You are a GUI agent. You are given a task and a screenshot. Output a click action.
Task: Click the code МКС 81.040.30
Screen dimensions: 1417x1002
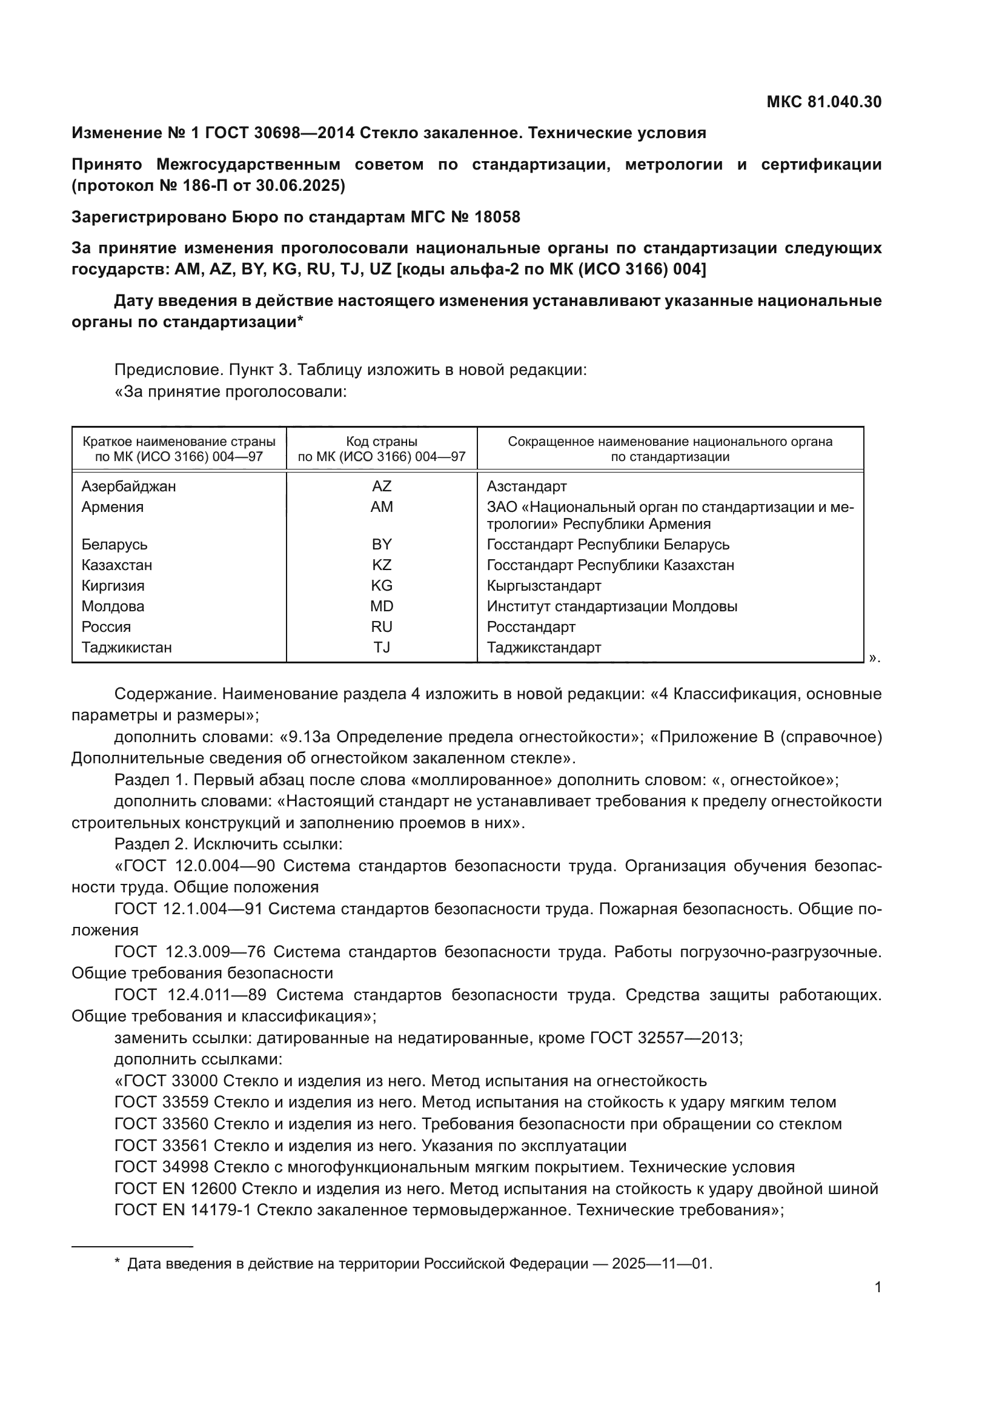click(824, 102)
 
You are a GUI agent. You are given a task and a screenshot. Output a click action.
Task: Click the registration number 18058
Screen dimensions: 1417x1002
click(497, 217)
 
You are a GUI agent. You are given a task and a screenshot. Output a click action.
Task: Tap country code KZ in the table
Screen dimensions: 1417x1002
click(381, 565)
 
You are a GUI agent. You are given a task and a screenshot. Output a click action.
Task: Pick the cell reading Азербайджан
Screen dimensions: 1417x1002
click(128, 486)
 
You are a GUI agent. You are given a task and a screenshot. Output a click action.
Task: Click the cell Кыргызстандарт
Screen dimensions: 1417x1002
click(543, 586)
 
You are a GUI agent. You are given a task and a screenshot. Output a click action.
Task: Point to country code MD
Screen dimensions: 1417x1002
click(381, 606)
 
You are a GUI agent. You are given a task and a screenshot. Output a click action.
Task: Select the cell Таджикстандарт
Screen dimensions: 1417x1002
click(543, 648)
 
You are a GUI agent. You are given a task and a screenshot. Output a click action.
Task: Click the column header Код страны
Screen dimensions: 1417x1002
click(381, 441)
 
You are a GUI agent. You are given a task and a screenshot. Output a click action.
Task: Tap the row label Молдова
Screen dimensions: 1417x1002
click(113, 606)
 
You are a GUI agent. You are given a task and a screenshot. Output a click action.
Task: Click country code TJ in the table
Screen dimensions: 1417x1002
click(381, 648)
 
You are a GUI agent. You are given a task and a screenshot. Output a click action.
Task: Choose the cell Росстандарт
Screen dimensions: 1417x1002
click(531, 627)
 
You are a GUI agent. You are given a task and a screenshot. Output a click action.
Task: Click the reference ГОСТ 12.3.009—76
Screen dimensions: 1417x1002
click(190, 952)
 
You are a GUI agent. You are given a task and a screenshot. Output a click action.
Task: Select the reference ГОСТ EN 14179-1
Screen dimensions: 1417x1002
click(182, 1210)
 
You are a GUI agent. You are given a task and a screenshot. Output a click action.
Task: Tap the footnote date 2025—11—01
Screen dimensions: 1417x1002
click(661, 1264)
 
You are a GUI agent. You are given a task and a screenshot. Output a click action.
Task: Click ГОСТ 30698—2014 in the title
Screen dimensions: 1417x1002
click(279, 133)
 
